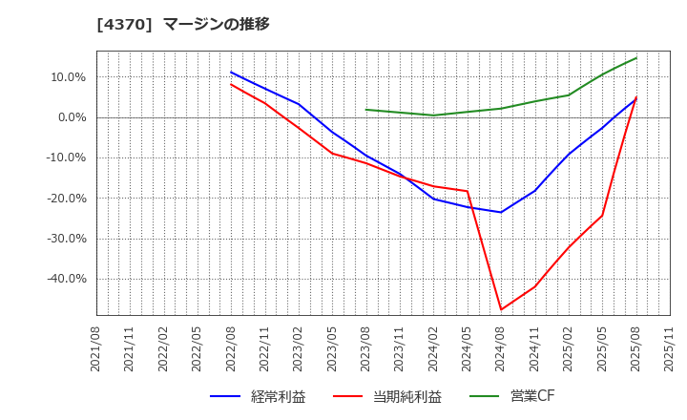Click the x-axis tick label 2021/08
click(96, 348)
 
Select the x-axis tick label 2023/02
click(299, 348)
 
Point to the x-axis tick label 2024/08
click(501, 348)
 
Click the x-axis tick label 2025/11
click(670, 348)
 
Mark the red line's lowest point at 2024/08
click(501, 309)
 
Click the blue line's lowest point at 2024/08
click(501, 212)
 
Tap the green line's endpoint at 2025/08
click(635, 58)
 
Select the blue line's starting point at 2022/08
click(231, 73)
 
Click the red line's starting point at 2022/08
click(231, 84)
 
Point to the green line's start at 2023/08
click(366, 110)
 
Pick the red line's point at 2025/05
click(602, 215)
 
